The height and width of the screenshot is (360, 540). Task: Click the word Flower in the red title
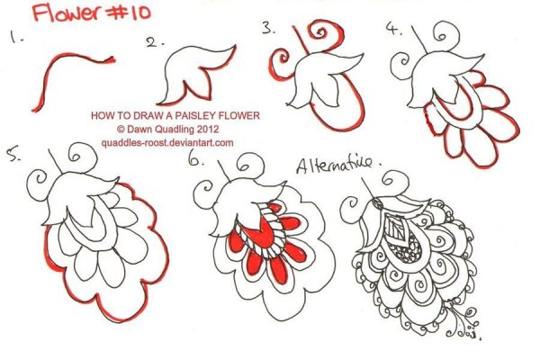coord(66,13)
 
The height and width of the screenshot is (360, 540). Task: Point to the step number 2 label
coord(154,42)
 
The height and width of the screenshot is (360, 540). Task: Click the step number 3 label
coord(268,28)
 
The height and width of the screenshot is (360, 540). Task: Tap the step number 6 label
coord(196,159)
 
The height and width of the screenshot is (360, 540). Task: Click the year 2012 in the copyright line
coord(208,130)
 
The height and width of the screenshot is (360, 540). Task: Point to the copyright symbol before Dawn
coord(121,130)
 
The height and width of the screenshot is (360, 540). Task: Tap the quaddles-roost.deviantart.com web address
coord(167,142)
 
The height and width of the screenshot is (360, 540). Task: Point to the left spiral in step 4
coord(402,66)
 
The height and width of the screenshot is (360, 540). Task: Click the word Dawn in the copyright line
coord(139,130)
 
